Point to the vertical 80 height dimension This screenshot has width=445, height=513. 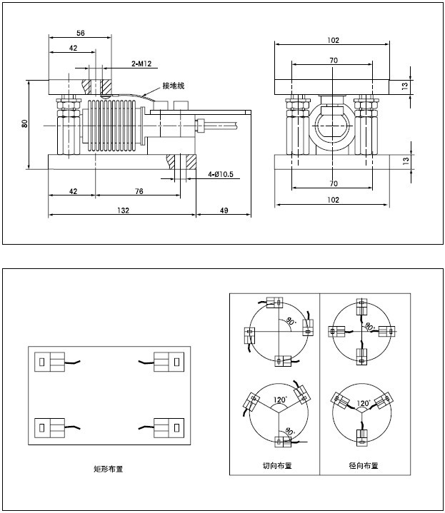point(25,123)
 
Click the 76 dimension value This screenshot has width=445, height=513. point(139,191)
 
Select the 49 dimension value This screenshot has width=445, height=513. point(223,210)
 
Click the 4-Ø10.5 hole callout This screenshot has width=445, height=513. point(222,174)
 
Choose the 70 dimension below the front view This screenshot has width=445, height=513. point(334,183)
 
